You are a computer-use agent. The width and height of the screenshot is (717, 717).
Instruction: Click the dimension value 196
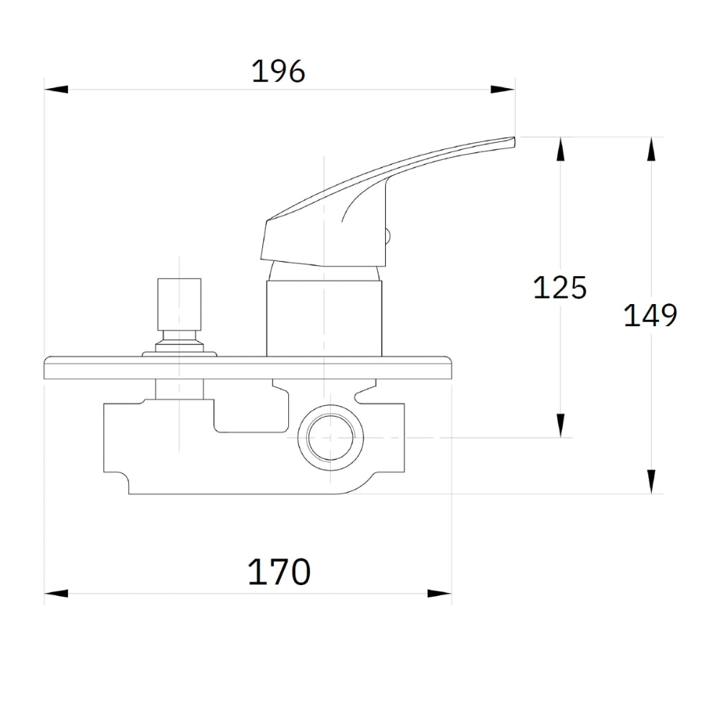pyautogui.click(x=278, y=72)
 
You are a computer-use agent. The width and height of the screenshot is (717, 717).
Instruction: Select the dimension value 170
pyautogui.click(x=279, y=571)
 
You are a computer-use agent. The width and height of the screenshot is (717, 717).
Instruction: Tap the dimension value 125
pyautogui.click(x=560, y=288)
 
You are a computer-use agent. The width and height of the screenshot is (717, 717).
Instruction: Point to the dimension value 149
pyautogui.click(x=650, y=315)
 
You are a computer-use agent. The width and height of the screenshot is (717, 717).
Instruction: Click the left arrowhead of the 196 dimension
pyautogui.click(x=56, y=89)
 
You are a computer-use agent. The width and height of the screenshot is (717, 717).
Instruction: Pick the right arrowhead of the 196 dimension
pyautogui.click(x=503, y=89)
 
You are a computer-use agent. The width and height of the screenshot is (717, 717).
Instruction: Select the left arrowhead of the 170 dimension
pyautogui.click(x=56, y=594)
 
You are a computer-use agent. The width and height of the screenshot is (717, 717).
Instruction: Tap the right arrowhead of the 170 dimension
pyautogui.click(x=440, y=594)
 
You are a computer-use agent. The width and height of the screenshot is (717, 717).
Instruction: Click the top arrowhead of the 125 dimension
pyautogui.click(x=561, y=148)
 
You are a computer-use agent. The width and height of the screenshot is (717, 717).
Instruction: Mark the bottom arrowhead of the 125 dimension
pyautogui.click(x=561, y=426)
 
